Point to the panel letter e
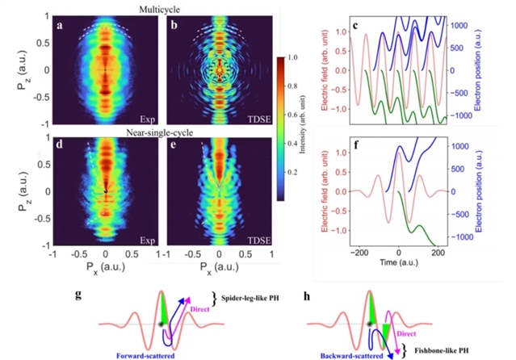170,149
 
